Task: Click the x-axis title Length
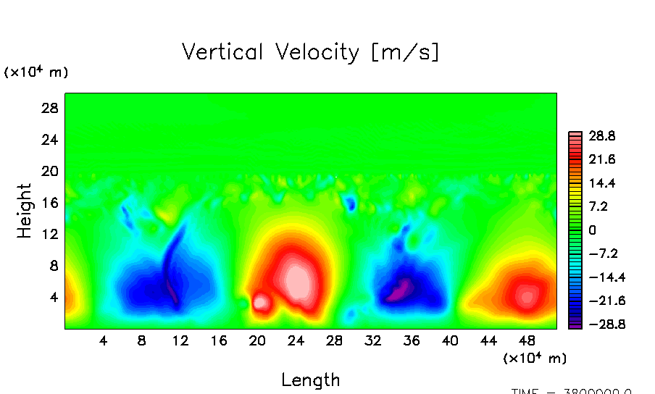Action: pyautogui.click(x=310, y=380)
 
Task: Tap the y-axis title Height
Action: pyautogui.click(x=25, y=211)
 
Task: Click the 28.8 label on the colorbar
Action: pyautogui.click(x=601, y=135)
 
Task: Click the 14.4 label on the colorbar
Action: pyautogui.click(x=601, y=183)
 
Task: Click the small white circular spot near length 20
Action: pyautogui.click(x=261, y=302)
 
